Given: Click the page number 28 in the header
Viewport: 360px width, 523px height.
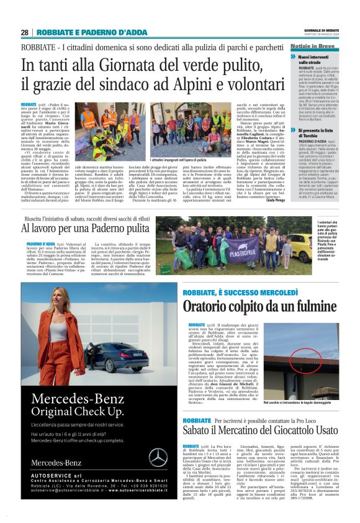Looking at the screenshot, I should (25, 32).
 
